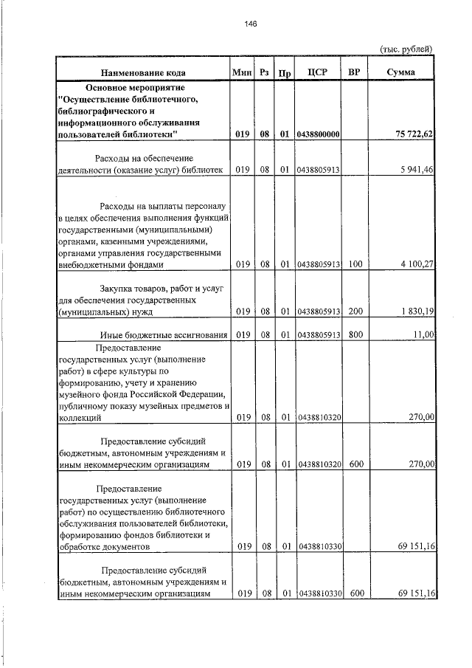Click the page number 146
pyautogui.click(x=250, y=24)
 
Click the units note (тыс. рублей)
pyautogui.click(x=405, y=49)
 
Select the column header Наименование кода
pyautogui.click(x=144, y=72)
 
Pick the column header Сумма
pyautogui.click(x=400, y=72)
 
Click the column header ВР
pyautogui.click(x=354, y=72)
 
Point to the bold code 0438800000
pyautogui.click(x=318, y=134)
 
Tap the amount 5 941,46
pyautogui.click(x=417, y=171)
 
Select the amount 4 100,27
pyautogui.click(x=417, y=264)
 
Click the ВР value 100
pyautogui.click(x=355, y=264)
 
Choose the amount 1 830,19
pyautogui.click(x=417, y=311)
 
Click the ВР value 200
pyautogui.click(x=355, y=311)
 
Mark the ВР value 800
pyautogui.click(x=355, y=335)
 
